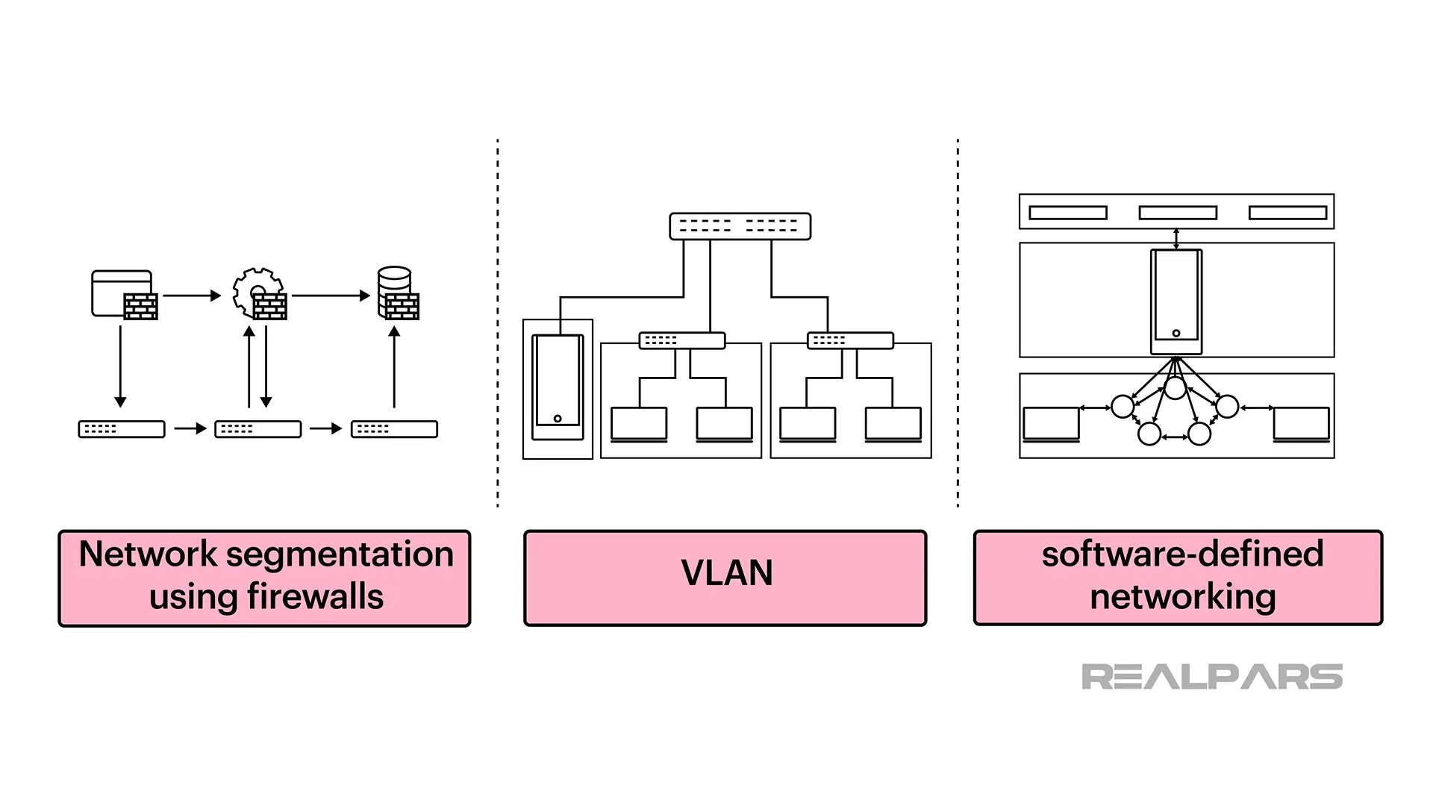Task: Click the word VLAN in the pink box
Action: [x=726, y=573]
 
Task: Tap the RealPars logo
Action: [x=1211, y=676]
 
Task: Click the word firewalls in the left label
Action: [x=314, y=597]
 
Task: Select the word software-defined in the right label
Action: [x=1182, y=554]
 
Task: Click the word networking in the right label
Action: [x=1182, y=597]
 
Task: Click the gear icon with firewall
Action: [x=259, y=294]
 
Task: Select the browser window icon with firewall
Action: [x=124, y=294]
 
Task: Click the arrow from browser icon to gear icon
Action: [x=192, y=296]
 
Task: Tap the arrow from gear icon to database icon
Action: [x=331, y=296]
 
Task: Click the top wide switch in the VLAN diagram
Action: [x=740, y=226]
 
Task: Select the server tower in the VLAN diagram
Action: [x=558, y=387]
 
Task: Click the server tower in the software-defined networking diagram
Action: [x=1176, y=302]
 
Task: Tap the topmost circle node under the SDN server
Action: [x=1176, y=388]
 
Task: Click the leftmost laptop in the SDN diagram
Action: [x=1051, y=424]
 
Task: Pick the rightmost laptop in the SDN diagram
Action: [x=1301, y=424]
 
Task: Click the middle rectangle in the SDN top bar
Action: [x=1177, y=213]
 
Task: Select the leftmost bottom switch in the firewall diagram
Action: [x=122, y=429]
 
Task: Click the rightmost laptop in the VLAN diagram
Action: [x=893, y=424]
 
